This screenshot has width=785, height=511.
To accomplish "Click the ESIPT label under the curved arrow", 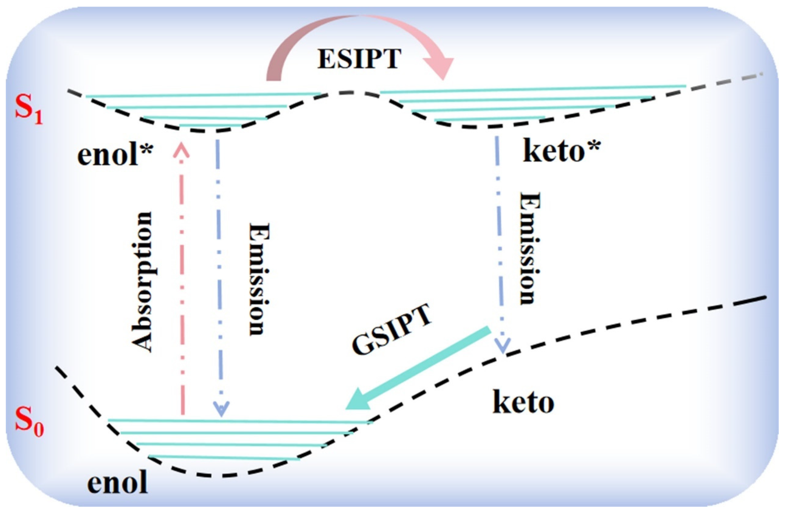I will [359, 59].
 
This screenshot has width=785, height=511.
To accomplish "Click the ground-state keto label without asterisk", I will [523, 402].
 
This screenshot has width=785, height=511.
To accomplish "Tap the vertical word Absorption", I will [142, 282].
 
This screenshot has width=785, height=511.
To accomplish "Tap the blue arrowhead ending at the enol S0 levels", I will [221, 410].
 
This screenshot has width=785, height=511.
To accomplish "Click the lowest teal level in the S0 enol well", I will [224, 457].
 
